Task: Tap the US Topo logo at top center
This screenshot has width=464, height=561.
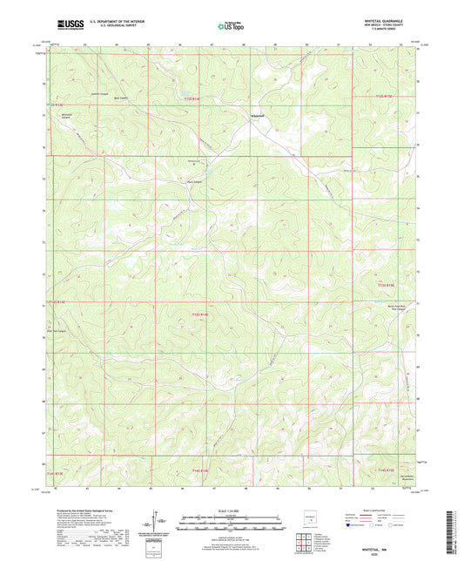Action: [231, 27]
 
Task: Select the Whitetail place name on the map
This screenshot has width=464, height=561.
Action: [258, 116]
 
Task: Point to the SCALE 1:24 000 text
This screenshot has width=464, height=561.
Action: [232, 510]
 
